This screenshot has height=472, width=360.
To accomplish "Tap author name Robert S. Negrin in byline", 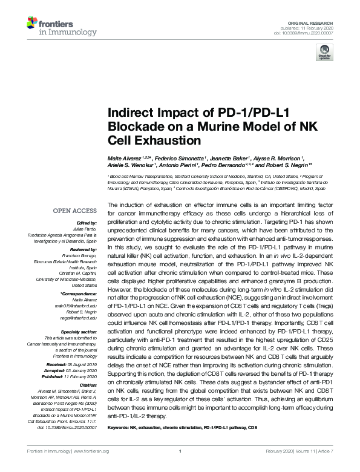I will click(284, 165).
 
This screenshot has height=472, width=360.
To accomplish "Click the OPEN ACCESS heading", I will click(76, 211).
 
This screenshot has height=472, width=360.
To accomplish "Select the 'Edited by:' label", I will click(84, 223).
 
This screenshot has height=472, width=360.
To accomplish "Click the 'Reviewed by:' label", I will click(81, 249).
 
